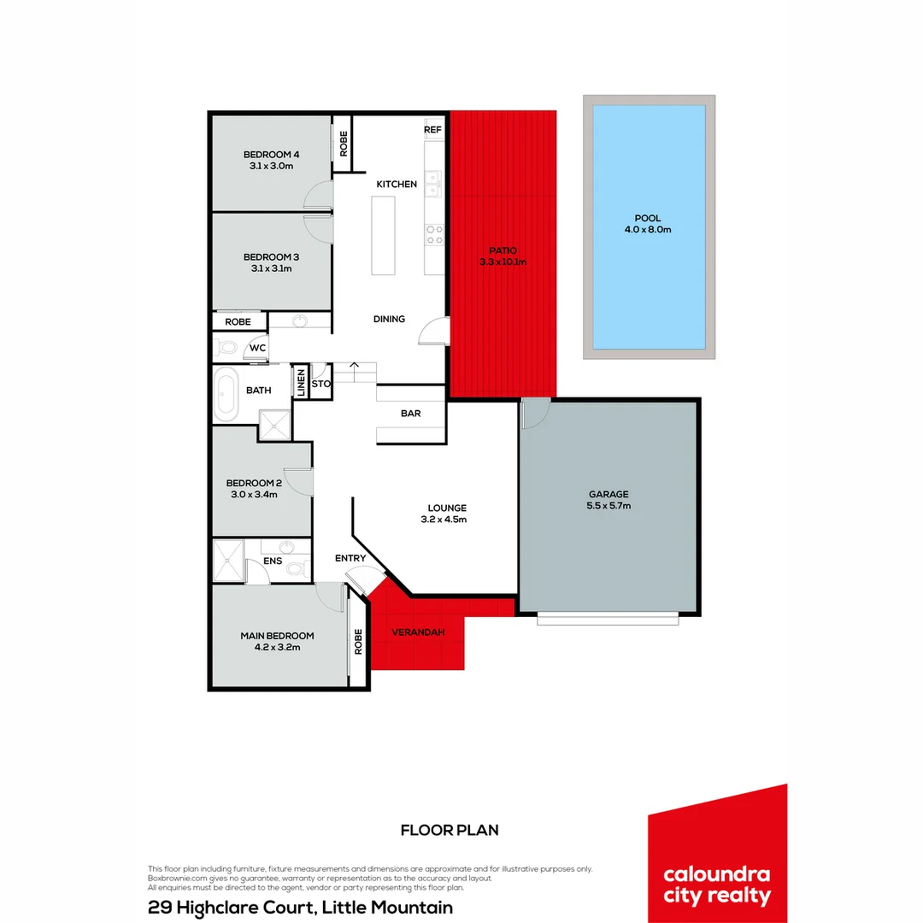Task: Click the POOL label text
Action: pyautogui.click(x=647, y=218)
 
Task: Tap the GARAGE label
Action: pyautogui.click(x=608, y=494)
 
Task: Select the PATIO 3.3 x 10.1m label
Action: pyautogui.click(x=503, y=256)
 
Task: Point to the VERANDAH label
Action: pyautogui.click(x=418, y=632)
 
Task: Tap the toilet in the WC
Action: pyautogui.click(x=226, y=347)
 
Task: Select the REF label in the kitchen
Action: pyautogui.click(x=432, y=130)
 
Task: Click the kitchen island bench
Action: pyautogui.click(x=384, y=235)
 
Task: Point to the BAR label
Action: pyautogui.click(x=410, y=414)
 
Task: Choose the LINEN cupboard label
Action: pyautogui.click(x=301, y=383)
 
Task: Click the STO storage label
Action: pyautogui.click(x=320, y=384)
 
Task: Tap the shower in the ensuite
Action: pyautogui.click(x=228, y=561)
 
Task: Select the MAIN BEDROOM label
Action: pyautogui.click(x=277, y=635)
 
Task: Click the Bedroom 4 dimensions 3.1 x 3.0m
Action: pyautogui.click(x=272, y=166)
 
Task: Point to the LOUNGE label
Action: pyautogui.click(x=444, y=508)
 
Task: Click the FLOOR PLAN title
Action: pyautogui.click(x=450, y=830)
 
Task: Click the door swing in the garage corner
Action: pyautogui.click(x=534, y=414)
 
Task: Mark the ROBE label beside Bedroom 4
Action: pyautogui.click(x=343, y=143)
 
